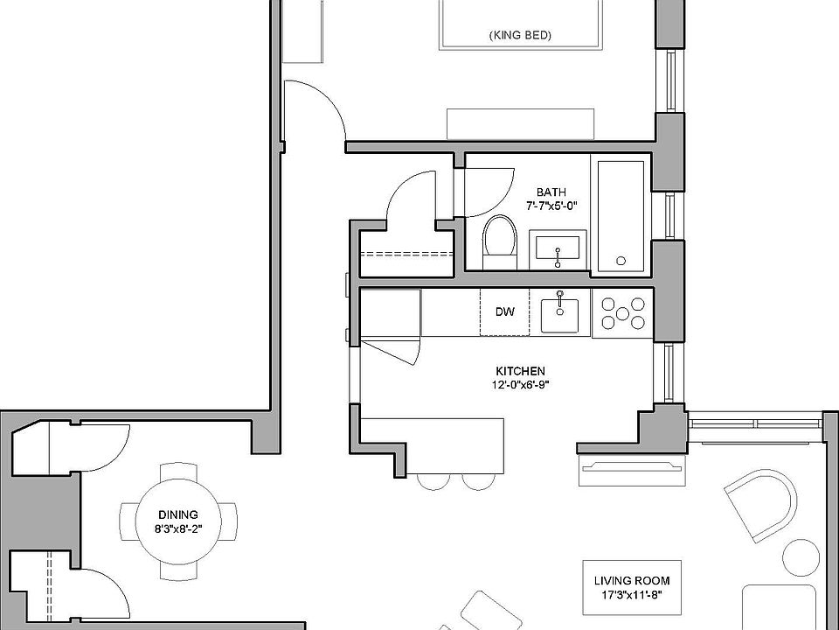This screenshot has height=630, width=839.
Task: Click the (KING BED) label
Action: pyautogui.click(x=521, y=36)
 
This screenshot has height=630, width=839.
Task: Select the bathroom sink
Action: pyautogui.click(x=558, y=252)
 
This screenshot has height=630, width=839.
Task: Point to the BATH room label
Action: pyautogui.click(x=551, y=192)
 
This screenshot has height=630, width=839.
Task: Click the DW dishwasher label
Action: pyautogui.click(x=504, y=311)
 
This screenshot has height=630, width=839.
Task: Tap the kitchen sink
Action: pyautogui.click(x=560, y=313)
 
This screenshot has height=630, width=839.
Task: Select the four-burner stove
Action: pyautogui.click(x=622, y=313)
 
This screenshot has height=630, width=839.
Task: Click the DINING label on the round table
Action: pyautogui.click(x=178, y=514)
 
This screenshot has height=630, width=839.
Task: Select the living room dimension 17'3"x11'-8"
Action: pyautogui.click(x=631, y=595)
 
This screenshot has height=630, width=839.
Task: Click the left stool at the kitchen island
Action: pyautogui.click(x=433, y=481)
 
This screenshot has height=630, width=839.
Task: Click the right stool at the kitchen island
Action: pyautogui.click(x=477, y=481)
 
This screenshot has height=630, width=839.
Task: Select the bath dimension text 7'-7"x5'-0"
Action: pyautogui.click(x=551, y=206)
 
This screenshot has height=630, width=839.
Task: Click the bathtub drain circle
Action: pyautogui.click(x=621, y=260)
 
